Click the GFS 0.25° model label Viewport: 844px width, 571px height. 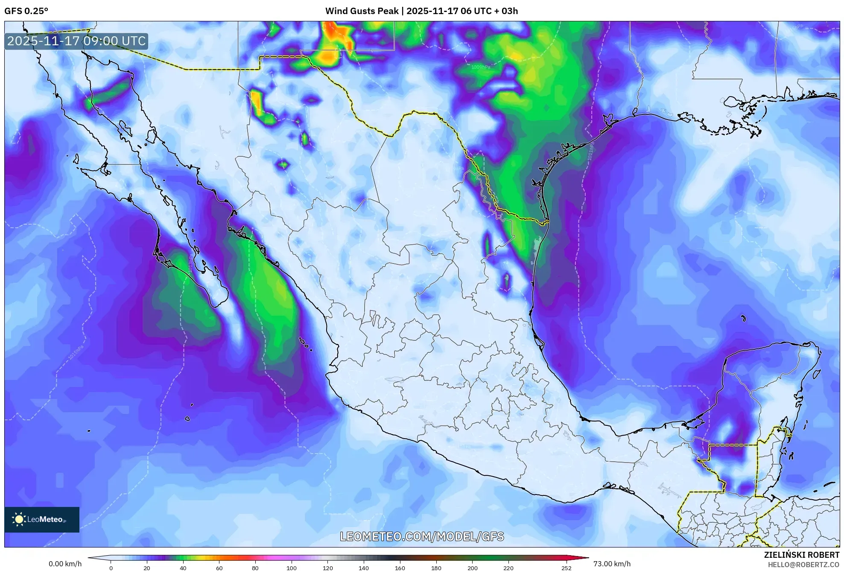26,11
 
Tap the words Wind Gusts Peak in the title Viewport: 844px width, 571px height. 362,11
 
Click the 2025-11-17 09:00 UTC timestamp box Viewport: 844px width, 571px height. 76,41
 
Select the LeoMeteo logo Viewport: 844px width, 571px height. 42,519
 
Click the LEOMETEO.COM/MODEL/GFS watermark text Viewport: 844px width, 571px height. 422,536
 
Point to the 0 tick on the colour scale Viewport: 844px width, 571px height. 111,568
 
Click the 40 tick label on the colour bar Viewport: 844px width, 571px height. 183,568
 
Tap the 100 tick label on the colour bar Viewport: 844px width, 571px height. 292,568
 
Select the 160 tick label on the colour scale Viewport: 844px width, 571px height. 400,568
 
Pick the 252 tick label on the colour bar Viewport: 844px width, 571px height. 566,568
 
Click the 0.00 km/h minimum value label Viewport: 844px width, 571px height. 65,564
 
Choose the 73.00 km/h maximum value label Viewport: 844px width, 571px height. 612,564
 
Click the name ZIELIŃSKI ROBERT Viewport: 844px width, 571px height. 801,555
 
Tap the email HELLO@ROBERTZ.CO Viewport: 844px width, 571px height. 803,565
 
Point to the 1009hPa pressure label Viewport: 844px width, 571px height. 480,67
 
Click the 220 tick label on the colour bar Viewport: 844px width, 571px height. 508,568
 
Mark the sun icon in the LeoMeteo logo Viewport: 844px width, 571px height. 19,519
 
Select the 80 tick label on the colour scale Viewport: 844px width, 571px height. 255,568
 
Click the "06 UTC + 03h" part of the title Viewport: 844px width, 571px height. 489,11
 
